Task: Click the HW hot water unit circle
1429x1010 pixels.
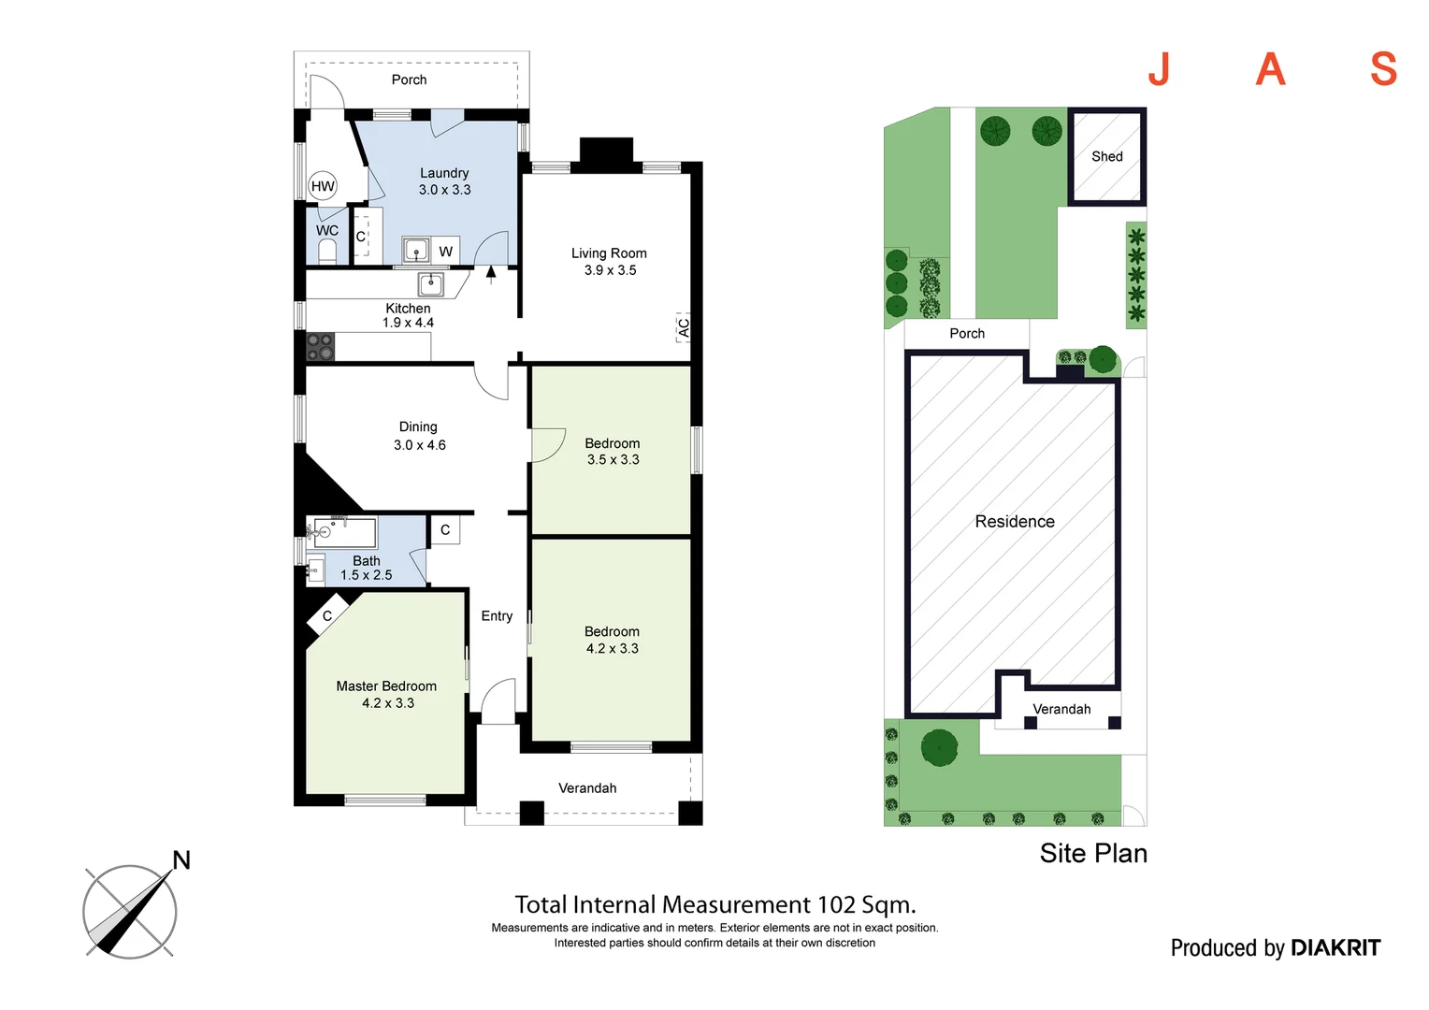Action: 323,186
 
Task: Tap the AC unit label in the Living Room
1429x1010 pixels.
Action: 684,327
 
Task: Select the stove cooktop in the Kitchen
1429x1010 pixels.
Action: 320,346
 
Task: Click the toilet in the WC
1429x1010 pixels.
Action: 327,251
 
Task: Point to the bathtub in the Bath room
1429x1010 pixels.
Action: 344,532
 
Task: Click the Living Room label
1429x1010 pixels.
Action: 609,253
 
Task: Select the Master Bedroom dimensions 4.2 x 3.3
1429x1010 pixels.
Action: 387,703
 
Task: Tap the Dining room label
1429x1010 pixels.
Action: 418,426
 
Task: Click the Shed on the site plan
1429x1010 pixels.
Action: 1106,156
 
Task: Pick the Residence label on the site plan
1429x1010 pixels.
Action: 1014,522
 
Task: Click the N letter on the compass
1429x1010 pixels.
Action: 181,860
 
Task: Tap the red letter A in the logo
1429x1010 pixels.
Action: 1270,70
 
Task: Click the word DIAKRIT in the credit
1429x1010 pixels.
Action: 1335,948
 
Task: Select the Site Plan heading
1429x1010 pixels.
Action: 1093,854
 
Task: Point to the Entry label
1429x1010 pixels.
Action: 497,616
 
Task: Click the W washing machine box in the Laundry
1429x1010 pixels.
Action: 446,251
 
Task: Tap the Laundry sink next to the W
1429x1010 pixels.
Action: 416,251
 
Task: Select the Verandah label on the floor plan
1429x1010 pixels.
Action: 587,788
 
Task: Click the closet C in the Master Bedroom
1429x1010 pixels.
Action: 327,616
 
